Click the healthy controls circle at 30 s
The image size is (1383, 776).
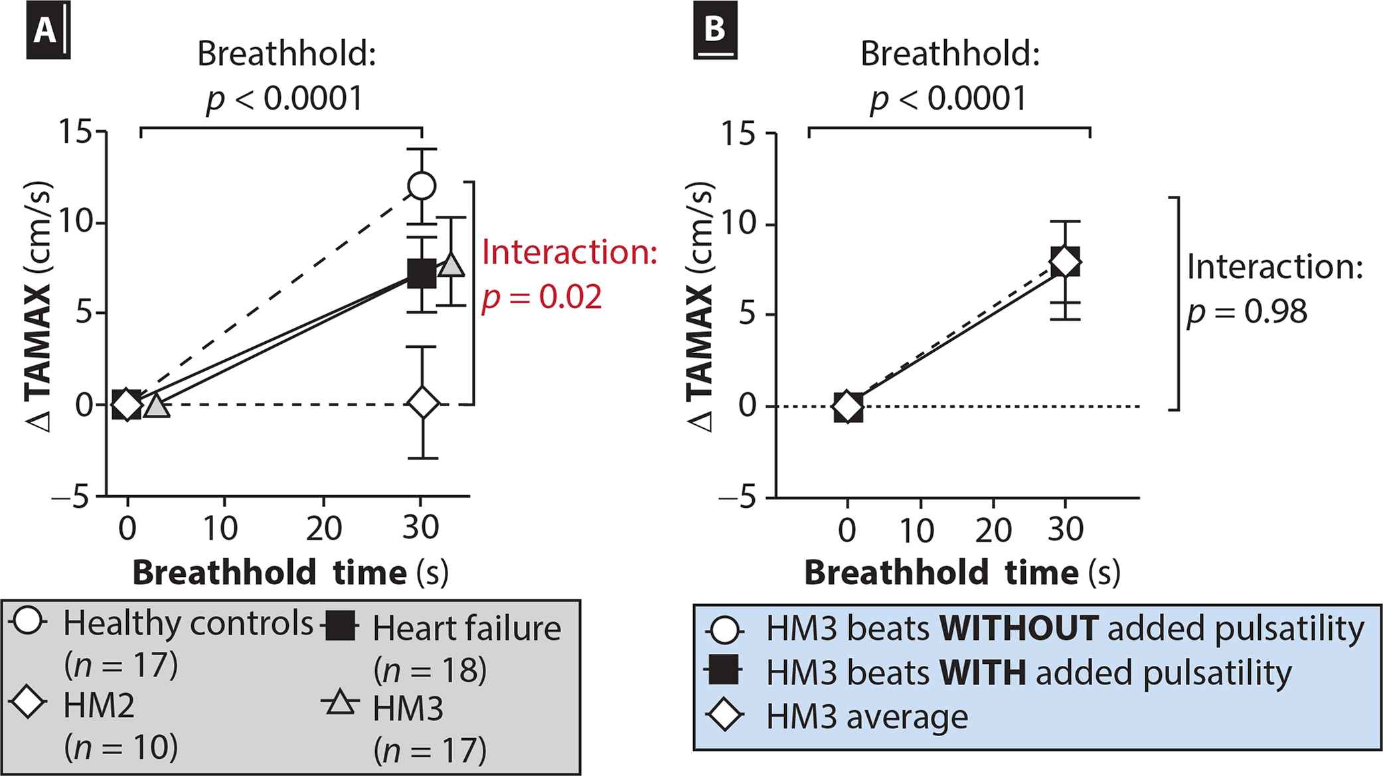pyautogui.click(x=422, y=186)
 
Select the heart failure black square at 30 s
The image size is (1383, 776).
pyautogui.click(x=422, y=273)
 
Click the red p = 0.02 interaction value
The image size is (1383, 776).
pyautogui.click(x=541, y=297)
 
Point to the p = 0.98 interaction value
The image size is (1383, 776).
pyautogui.click(x=1247, y=312)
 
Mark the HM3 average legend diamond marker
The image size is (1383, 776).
pyautogui.click(x=724, y=717)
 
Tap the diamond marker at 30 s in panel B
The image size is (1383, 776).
pyautogui.click(x=1065, y=264)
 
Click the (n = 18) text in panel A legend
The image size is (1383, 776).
pyautogui.click(x=430, y=670)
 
